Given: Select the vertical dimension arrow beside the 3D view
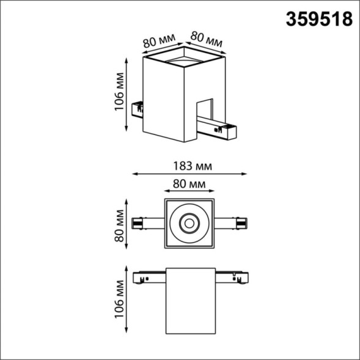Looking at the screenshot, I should tap(127, 94).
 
